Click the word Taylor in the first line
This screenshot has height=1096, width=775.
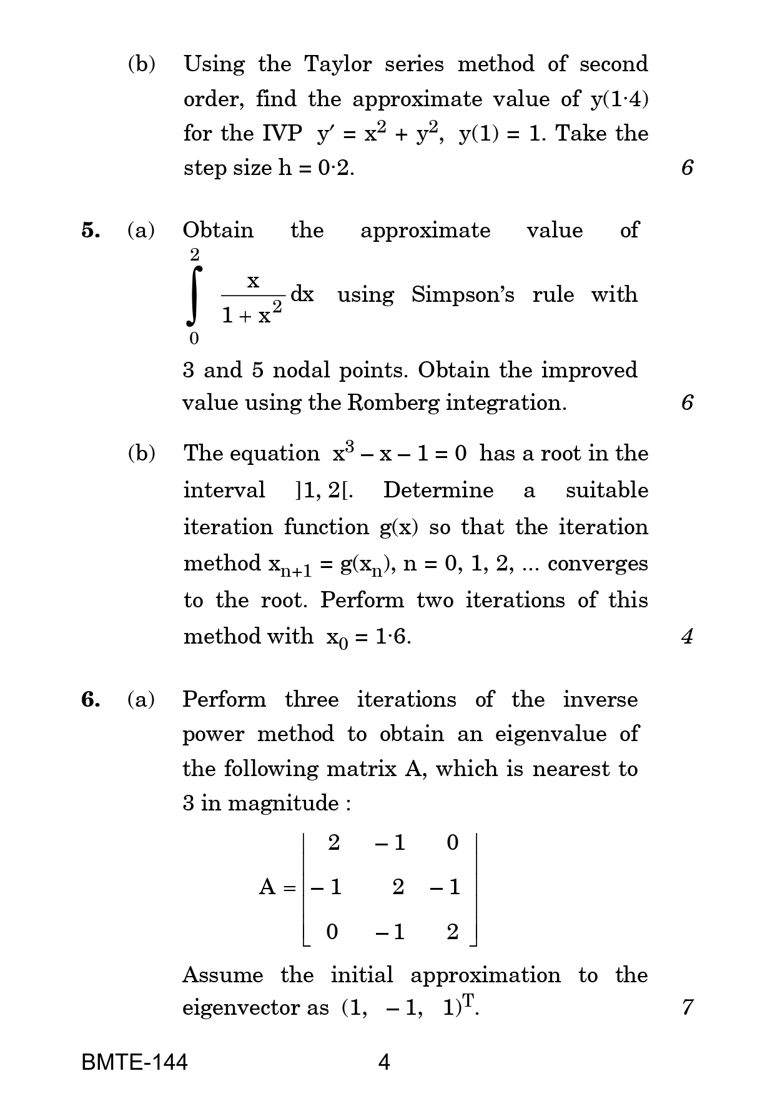coord(338,64)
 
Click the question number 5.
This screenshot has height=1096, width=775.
coord(91,231)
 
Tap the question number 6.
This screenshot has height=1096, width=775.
coord(91,699)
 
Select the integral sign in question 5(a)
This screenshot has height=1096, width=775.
coord(195,296)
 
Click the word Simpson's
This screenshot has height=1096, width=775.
coord(463,294)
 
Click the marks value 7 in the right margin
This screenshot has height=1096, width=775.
coord(687,1008)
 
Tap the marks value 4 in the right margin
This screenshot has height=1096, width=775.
coord(687,637)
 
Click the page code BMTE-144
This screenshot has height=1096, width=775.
coord(134,1062)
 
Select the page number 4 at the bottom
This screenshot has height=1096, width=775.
coord(385,1062)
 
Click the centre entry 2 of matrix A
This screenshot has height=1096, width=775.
coord(398,887)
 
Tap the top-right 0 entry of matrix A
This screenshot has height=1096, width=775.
coord(453,843)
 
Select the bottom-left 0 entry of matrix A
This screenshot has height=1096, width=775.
coord(332,932)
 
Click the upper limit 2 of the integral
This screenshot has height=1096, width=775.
coord(195,255)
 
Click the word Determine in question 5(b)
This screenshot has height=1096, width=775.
coord(438,490)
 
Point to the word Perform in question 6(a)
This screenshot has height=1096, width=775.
coord(224,699)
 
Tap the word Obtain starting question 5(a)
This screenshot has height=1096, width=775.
coord(218,231)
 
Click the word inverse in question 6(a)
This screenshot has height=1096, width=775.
coord(600,699)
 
